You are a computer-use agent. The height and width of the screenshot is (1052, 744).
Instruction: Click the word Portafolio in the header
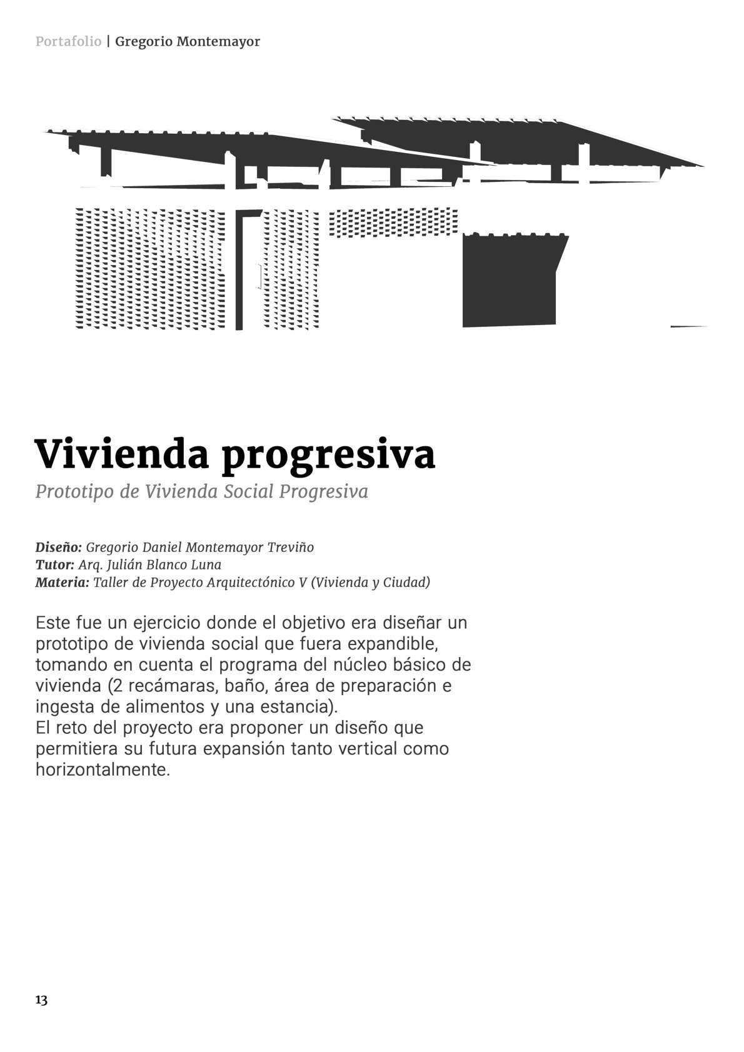click(x=68, y=42)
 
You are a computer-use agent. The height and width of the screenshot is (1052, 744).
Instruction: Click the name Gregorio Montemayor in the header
click(x=188, y=42)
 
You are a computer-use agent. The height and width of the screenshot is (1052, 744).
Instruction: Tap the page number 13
click(x=41, y=1000)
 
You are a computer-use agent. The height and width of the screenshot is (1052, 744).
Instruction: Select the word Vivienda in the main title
click(x=121, y=454)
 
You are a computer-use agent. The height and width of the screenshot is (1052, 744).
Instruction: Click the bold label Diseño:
click(x=58, y=548)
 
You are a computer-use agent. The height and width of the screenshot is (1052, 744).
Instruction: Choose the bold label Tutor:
click(x=54, y=565)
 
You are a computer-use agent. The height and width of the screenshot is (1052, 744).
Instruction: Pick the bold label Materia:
click(x=62, y=583)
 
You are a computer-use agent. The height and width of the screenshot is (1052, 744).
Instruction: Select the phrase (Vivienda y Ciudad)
click(x=370, y=583)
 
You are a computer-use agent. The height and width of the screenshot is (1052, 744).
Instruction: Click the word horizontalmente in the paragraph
click(x=103, y=769)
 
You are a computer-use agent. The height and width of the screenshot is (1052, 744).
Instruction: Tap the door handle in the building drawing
click(x=259, y=276)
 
